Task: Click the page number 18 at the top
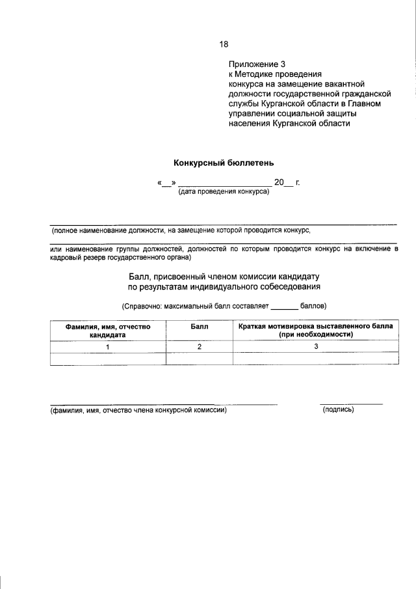click(x=224, y=44)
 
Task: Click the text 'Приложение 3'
click(x=257, y=64)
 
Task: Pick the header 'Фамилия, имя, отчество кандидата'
click(x=108, y=330)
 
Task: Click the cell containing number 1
click(x=108, y=347)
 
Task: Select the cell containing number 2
click(x=199, y=347)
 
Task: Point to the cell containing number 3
click(x=315, y=347)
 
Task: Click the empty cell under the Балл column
click(x=199, y=359)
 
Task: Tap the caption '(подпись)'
click(x=338, y=411)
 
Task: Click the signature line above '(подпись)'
click(x=351, y=404)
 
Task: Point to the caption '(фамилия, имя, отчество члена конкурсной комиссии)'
click(x=139, y=411)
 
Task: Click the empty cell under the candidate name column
click(x=108, y=359)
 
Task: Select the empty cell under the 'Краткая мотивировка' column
click(x=315, y=359)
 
